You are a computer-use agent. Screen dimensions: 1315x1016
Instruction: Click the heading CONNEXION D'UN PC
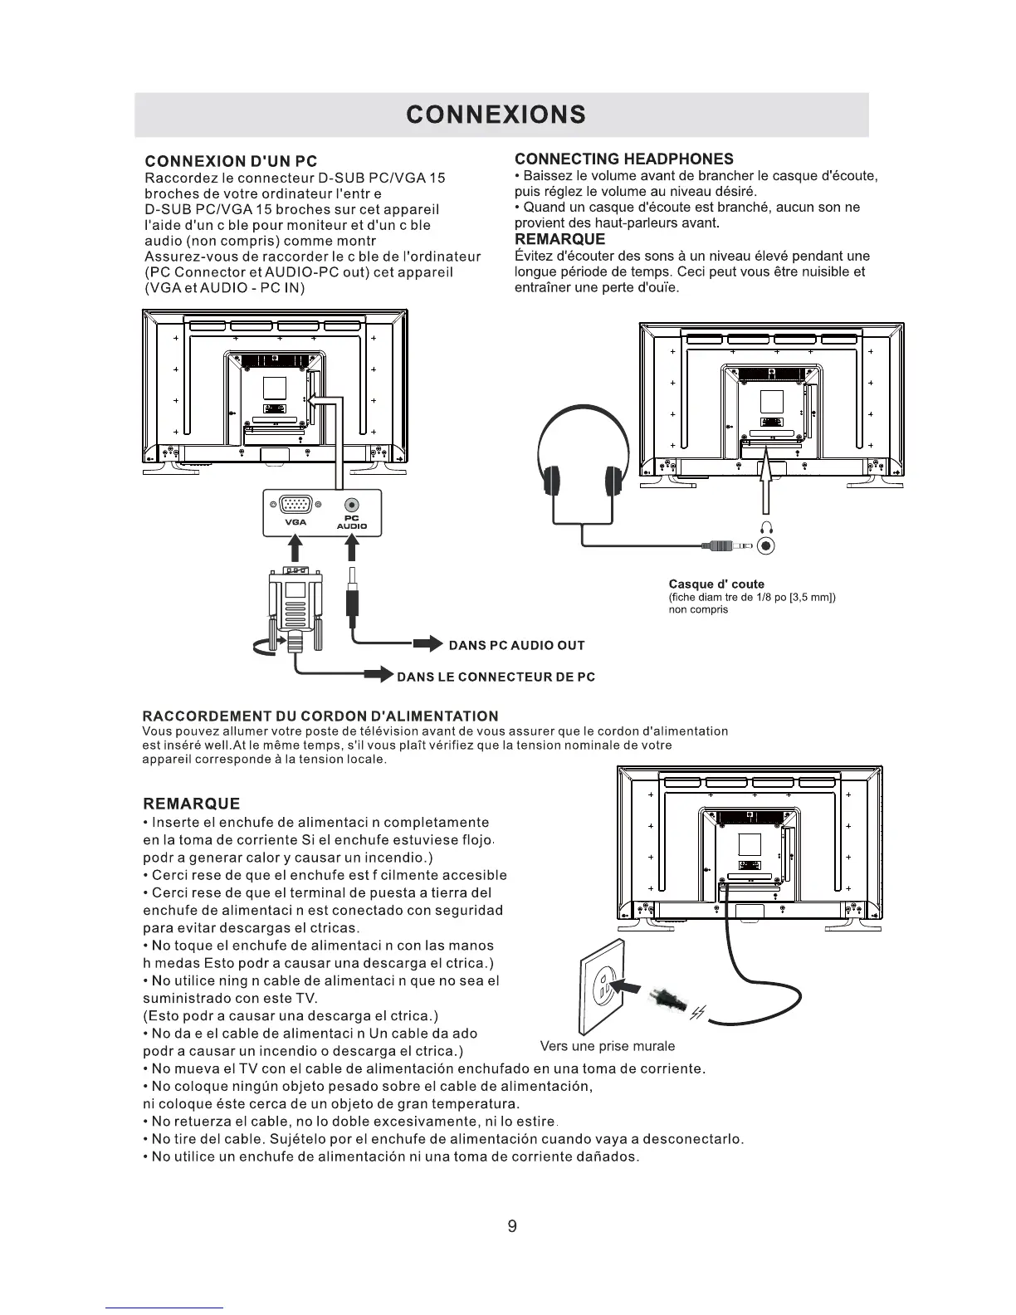click(x=231, y=161)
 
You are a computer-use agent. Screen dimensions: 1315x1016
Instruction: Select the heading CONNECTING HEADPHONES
click(x=623, y=159)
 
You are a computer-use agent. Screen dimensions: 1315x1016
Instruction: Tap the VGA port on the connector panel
click(x=295, y=505)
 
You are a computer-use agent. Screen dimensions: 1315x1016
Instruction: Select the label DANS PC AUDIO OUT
click(x=516, y=645)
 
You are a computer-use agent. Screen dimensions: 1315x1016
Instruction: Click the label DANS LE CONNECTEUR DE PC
click(x=496, y=676)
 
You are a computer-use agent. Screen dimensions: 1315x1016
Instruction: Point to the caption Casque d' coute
click(x=716, y=584)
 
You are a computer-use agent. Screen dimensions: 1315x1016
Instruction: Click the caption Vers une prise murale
click(x=607, y=1046)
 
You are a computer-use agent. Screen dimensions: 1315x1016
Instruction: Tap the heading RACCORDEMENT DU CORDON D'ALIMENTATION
click(x=320, y=716)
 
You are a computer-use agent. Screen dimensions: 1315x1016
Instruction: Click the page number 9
click(x=511, y=1225)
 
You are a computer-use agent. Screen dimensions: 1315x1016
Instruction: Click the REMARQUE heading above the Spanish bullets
click(x=192, y=804)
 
